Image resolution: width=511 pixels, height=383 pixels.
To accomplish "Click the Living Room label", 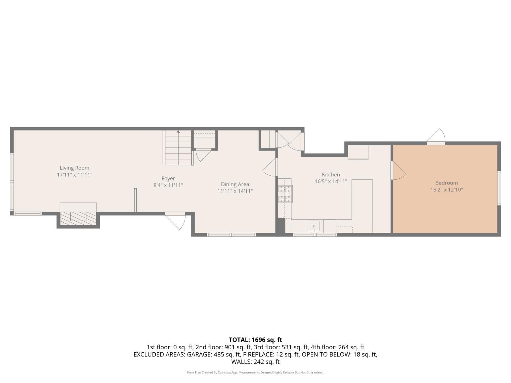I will (74, 168).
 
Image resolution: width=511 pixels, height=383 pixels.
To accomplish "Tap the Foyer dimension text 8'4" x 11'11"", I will (168, 185).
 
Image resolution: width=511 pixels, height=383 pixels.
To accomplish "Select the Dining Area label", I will (235, 184).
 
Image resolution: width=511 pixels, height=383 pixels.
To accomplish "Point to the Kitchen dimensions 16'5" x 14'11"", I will (330, 181).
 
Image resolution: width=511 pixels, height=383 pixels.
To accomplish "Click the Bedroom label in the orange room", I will (446, 183).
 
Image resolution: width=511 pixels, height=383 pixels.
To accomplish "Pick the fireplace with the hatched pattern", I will (78, 217).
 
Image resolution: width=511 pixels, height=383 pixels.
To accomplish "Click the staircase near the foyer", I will (178, 148).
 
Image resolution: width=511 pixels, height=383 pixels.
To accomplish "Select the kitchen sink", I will (313, 226).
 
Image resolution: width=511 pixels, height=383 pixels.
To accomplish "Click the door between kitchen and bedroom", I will (398, 171).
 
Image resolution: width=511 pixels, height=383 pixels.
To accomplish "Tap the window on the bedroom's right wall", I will (499, 188).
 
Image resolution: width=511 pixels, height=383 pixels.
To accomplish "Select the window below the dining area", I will (231, 235).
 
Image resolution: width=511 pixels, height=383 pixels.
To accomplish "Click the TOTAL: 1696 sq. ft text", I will (255, 340).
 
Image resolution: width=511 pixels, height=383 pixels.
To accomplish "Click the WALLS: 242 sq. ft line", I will (255, 362).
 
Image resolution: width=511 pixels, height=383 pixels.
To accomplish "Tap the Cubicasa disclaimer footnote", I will (255, 372).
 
